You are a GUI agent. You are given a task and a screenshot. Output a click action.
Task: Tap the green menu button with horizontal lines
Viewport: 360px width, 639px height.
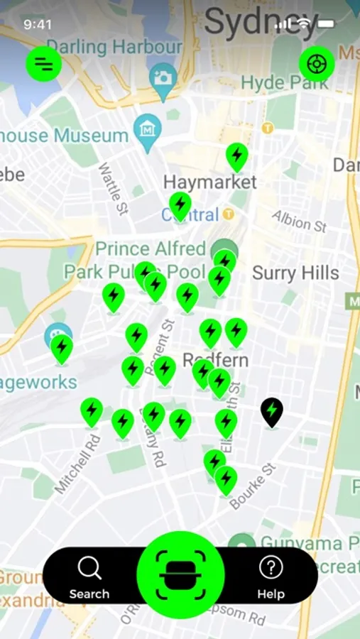pos(44,64)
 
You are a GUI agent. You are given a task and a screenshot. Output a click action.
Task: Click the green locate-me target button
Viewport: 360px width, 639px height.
pos(316,64)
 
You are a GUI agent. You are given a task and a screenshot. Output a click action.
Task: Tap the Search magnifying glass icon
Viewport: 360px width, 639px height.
pos(89,568)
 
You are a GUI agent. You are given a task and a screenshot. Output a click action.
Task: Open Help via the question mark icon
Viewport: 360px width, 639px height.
pos(271,568)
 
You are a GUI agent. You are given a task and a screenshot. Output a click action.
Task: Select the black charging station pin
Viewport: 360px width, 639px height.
pos(271,411)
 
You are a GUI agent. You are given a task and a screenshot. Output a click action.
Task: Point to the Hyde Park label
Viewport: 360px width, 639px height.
pos(284,82)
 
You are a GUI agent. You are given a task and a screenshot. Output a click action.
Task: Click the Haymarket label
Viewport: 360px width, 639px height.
pos(209,182)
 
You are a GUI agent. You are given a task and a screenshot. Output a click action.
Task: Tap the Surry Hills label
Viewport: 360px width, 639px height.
pos(295,273)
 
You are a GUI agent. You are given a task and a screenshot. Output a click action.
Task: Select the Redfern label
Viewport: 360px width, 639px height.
pos(216,359)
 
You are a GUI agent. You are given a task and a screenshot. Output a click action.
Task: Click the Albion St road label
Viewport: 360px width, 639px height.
pos(299,222)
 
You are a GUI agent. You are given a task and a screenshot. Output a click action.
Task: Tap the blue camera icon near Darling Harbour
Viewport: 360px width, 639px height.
pos(163,77)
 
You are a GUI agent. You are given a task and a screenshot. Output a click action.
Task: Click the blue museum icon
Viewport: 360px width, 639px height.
pos(148,131)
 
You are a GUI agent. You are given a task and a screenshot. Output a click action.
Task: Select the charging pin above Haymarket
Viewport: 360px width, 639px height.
pos(237,155)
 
